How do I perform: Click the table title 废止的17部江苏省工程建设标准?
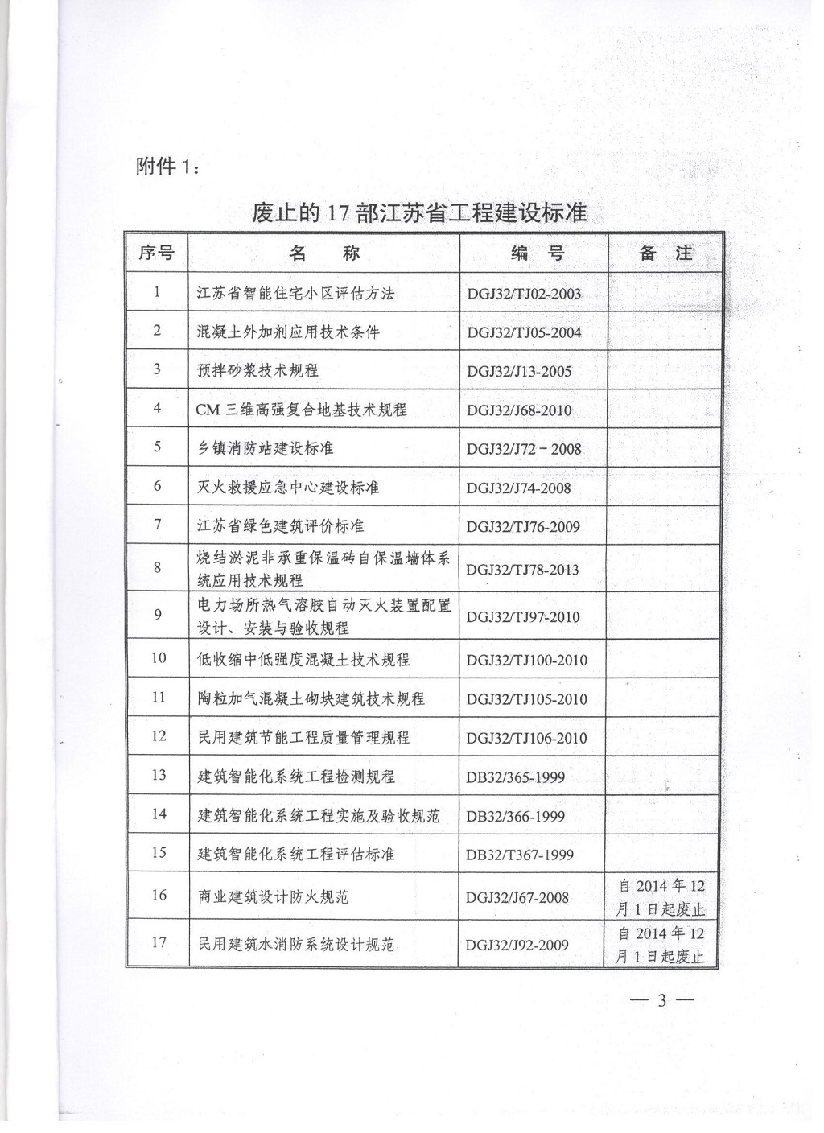[419, 213]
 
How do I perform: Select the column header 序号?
[156, 253]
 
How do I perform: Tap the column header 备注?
[665, 253]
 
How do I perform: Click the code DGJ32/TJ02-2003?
[524, 294]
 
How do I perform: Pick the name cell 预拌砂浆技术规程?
[258, 370]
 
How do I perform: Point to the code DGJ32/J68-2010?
[519, 410]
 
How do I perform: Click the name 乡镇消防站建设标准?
[266, 448]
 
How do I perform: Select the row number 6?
[157, 486]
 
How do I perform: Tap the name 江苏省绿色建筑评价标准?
[281, 525]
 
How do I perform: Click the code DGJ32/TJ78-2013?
[523, 569]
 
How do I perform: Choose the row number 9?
[157, 615]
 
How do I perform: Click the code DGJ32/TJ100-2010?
[527, 660]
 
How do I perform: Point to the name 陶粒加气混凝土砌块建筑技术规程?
[311, 698]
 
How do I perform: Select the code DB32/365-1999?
[516, 777]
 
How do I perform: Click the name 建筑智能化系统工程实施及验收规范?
[319, 815]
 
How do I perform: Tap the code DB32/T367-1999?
[520, 855]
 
